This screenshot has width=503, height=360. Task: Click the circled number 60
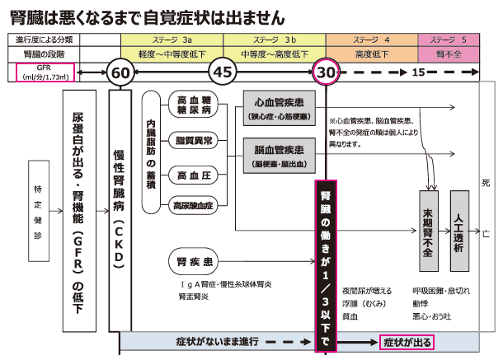pos(120,72)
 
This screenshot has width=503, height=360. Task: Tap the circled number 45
pos(223,72)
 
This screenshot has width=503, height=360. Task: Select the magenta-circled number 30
pos(327,72)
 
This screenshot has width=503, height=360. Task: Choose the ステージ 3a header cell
pos(172,40)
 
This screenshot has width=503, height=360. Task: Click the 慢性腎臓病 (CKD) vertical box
pos(120,210)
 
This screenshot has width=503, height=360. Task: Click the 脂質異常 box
pos(195,141)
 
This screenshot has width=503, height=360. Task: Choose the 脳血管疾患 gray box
pos(276,153)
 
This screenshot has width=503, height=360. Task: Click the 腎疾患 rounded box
pos(195,262)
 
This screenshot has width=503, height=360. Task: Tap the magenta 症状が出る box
pos(406,341)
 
